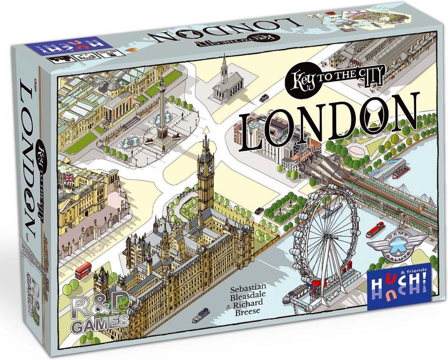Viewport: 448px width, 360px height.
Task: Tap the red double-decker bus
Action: (83, 270)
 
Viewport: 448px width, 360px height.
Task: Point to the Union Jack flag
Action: (69, 179)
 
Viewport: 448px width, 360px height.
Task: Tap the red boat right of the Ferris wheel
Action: (375, 229)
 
